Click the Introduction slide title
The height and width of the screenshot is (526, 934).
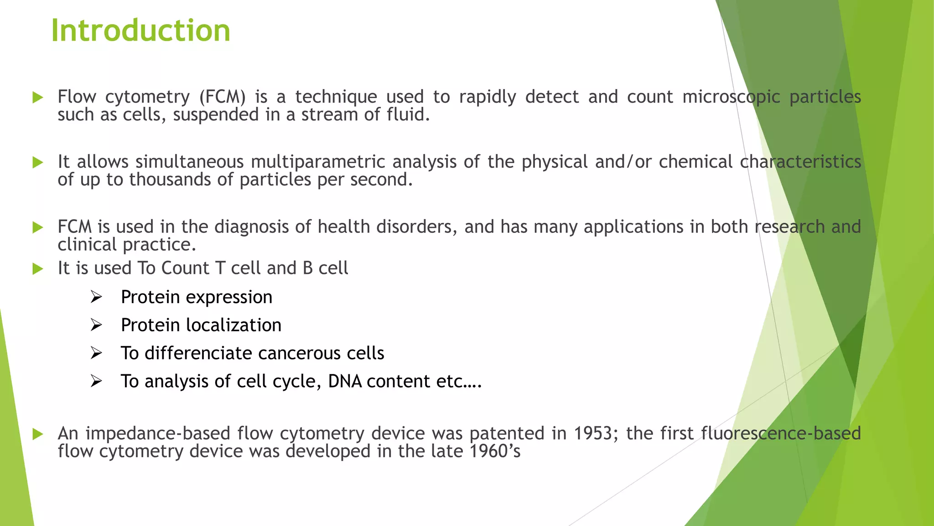[x=140, y=31]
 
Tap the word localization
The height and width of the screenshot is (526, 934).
[x=234, y=325]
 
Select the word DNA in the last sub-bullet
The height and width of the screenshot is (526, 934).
[x=345, y=381]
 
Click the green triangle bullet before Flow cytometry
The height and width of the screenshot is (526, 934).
[x=38, y=97]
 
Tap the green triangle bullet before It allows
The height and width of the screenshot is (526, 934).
[x=38, y=163]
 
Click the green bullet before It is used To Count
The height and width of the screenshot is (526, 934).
[x=38, y=269]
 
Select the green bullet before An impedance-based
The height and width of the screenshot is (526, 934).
[x=38, y=434]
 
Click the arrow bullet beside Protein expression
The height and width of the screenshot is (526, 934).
[x=96, y=297]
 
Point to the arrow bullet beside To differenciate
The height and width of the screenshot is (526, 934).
[x=96, y=353]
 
